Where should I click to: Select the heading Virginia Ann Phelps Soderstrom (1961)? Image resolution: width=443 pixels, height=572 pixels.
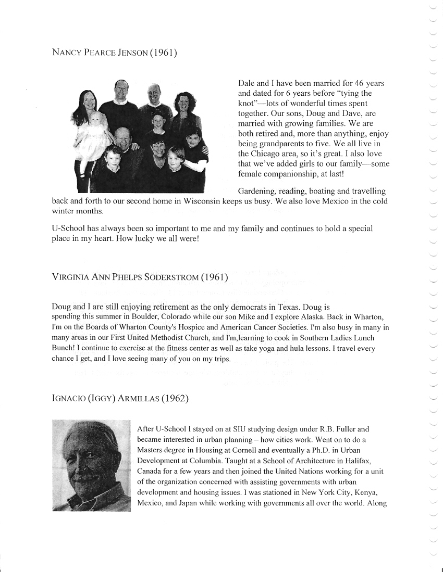click(x=141, y=277)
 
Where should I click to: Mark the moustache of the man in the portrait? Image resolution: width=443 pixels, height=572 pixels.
click(x=87, y=476)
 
